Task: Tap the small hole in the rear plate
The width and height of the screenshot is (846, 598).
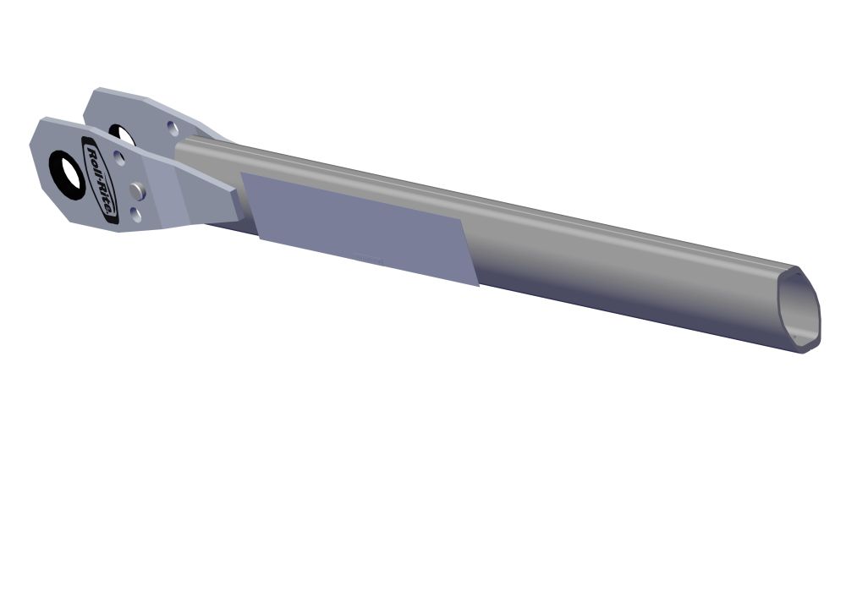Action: click(172, 129)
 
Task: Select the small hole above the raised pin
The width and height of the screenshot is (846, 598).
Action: click(118, 157)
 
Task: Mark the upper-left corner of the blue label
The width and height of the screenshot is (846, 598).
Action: click(243, 173)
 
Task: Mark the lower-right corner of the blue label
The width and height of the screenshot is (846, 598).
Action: click(478, 285)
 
